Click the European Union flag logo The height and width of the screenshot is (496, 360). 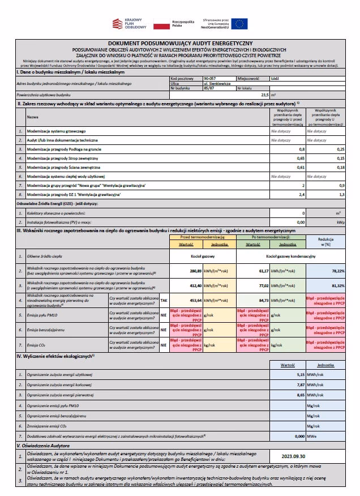click(x=239, y=23)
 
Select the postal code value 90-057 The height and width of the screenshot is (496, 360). click(x=211, y=79)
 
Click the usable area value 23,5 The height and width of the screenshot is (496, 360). click(x=263, y=95)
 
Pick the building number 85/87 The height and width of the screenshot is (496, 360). click(x=209, y=88)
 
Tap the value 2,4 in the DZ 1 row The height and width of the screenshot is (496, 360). click(x=301, y=195)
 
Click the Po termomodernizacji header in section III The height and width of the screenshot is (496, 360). click(x=271, y=237)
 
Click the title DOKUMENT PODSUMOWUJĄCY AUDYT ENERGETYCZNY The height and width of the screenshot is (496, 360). click(x=180, y=44)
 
